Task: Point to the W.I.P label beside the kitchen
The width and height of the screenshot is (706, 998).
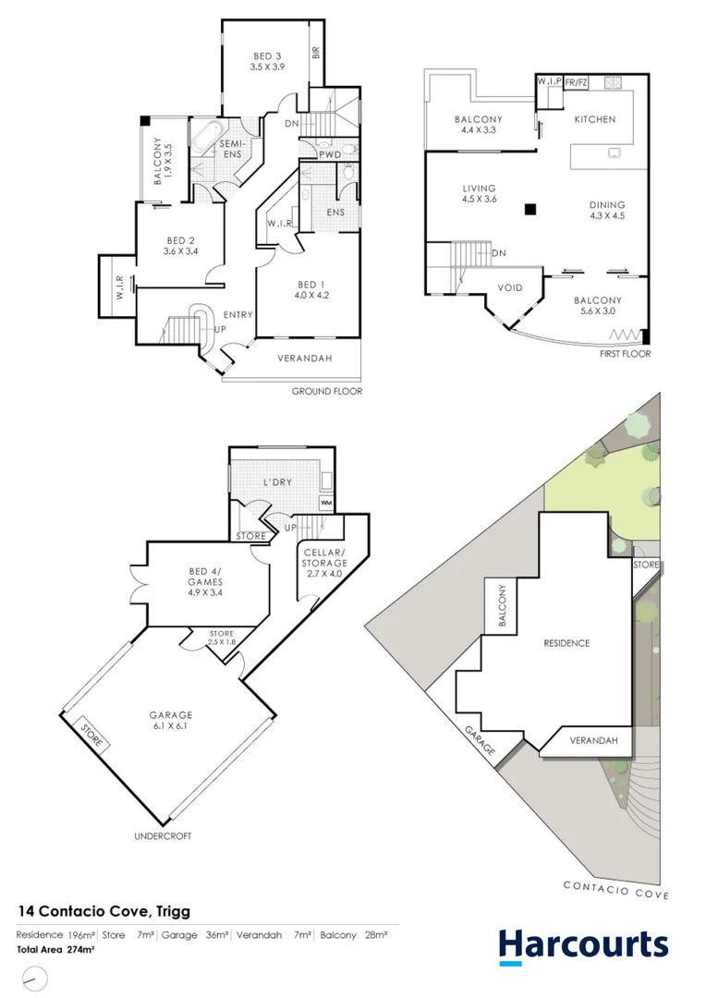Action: coord(549,81)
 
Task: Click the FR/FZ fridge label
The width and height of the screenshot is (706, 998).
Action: coord(576,81)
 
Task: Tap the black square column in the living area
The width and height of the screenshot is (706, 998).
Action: coord(529,210)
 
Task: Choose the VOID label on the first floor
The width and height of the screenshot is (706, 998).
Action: coord(510,287)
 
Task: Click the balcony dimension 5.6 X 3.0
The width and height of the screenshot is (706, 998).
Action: coord(597,312)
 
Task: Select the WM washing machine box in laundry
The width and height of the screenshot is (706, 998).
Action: coord(325,502)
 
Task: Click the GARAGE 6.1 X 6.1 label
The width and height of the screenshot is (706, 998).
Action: coord(171,721)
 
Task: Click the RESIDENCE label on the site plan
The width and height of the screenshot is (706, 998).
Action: coord(566,643)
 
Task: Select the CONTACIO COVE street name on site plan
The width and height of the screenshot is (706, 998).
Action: coord(616,889)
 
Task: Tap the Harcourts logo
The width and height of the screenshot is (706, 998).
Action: coord(582,945)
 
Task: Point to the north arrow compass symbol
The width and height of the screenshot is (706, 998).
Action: coord(33,977)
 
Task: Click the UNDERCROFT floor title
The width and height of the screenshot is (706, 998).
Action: coord(164,837)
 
